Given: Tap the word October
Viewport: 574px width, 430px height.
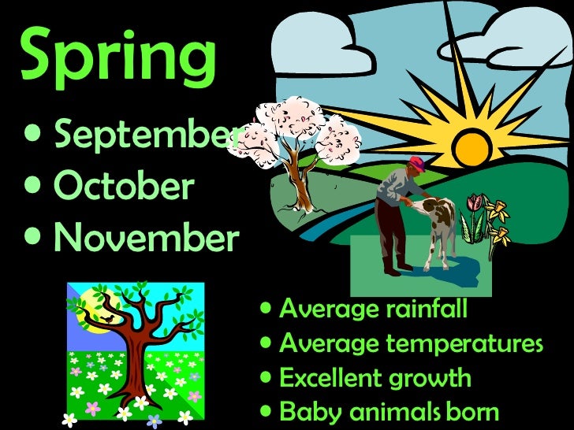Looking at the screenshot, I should (x=123, y=187).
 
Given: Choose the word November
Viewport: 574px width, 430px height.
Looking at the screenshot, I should (x=145, y=238).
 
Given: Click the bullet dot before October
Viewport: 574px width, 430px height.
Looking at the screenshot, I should (x=35, y=187).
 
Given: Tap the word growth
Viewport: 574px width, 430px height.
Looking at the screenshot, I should (x=435, y=379).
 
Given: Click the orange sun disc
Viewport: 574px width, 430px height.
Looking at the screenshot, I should (x=473, y=146).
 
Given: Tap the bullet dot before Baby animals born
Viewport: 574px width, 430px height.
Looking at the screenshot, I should (x=267, y=411).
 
